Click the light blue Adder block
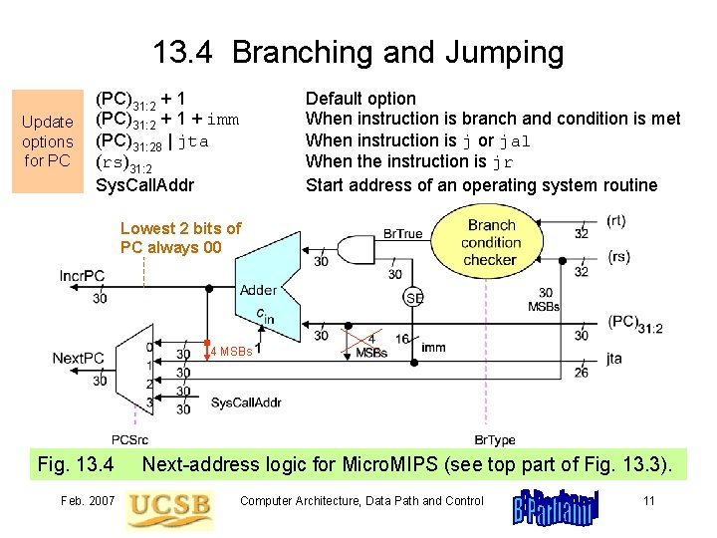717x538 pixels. pyautogui.click(x=268, y=287)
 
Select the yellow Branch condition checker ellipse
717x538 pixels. pyautogui.click(x=487, y=242)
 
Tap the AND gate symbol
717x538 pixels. pyautogui.click(x=357, y=250)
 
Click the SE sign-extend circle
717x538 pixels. pyautogui.click(x=413, y=298)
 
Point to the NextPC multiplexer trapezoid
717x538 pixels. pyautogui.click(x=134, y=370)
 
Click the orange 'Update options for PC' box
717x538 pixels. pyautogui.click(x=48, y=141)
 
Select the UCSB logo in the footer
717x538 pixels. pyautogui.click(x=169, y=509)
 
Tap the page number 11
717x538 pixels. pyautogui.click(x=649, y=501)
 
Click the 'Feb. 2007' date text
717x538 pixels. pyautogui.click(x=88, y=501)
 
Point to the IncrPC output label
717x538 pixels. pyautogui.click(x=82, y=276)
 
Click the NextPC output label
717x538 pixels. pyautogui.click(x=79, y=359)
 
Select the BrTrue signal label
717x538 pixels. pyautogui.click(x=403, y=234)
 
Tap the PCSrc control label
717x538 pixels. pyautogui.click(x=129, y=440)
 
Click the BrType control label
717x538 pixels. pyautogui.click(x=495, y=440)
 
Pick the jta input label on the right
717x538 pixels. pyautogui.click(x=614, y=359)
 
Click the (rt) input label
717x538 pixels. pyautogui.click(x=616, y=221)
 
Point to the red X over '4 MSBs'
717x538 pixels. pyautogui.click(x=361, y=342)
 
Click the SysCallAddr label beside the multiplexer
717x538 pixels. pyautogui.click(x=246, y=403)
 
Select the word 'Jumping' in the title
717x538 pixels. pyautogui.click(x=504, y=53)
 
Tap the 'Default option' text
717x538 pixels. pyautogui.click(x=360, y=99)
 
